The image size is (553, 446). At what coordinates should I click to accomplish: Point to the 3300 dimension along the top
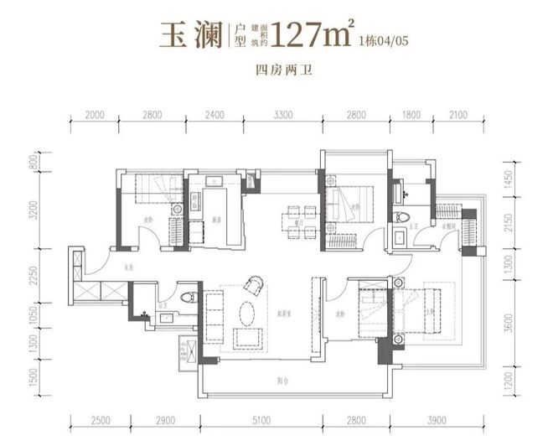(282, 115)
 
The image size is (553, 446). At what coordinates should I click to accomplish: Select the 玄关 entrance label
(127, 268)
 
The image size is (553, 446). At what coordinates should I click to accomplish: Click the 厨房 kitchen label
(216, 219)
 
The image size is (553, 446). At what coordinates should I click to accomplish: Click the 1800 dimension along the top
(411, 115)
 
